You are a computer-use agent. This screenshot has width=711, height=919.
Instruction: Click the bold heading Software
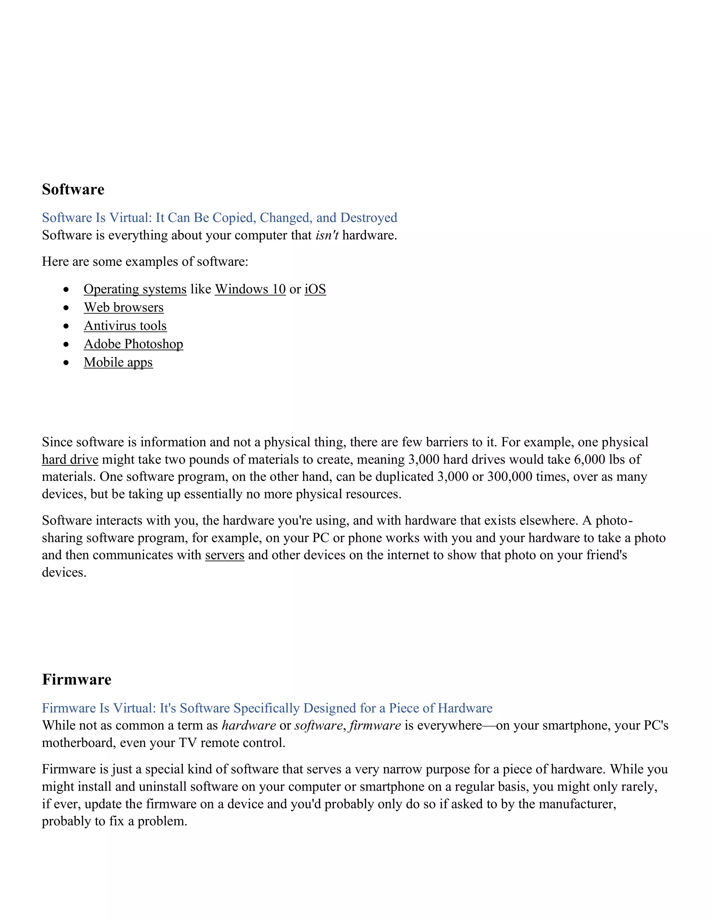73,189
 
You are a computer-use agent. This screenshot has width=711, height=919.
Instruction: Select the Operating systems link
135,289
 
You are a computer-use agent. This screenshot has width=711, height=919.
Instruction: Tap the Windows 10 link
250,289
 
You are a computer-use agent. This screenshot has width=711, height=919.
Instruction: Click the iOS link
315,289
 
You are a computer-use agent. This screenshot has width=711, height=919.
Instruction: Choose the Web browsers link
123,307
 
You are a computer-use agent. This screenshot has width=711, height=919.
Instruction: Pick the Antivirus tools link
125,326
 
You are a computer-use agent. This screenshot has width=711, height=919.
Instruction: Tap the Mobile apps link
118,362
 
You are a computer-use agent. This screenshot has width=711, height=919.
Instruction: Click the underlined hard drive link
70,459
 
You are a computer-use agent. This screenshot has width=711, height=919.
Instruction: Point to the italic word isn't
327,235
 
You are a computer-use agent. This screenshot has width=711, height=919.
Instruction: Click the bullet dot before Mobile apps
66,362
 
